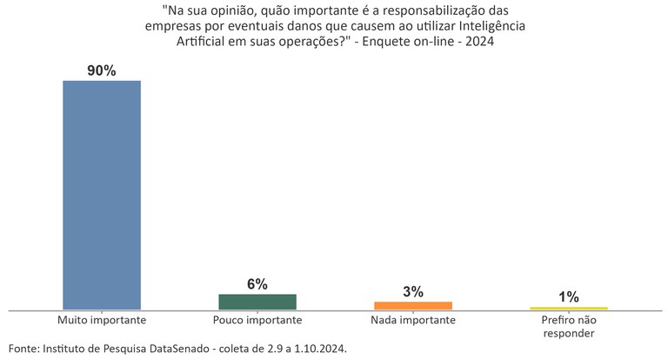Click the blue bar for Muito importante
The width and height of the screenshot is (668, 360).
[102, 195]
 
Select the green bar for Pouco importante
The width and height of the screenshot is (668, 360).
[257, 302]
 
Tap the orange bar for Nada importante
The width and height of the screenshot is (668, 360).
[412, 305]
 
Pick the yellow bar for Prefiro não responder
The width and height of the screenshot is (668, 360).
[568, 308]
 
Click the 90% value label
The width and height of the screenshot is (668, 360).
[102, 70]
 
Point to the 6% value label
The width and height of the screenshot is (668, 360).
[257, 284]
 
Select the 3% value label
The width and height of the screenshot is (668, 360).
[412, 292]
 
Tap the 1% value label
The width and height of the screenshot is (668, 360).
[568, 297]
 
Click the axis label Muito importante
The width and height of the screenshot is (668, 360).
[102, 321]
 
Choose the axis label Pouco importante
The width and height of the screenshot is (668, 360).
[257, 321]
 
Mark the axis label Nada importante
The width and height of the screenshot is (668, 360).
[412, 321]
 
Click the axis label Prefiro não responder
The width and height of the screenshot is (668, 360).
[568, 327]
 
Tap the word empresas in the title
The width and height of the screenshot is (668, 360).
[173, 27]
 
